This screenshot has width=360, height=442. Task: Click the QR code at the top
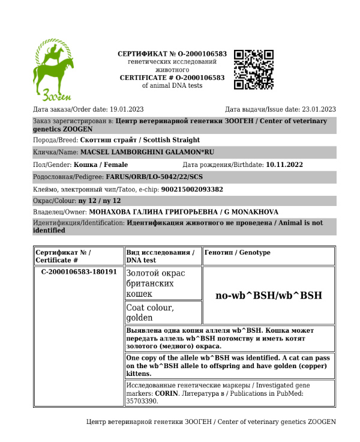click(x=254, y=70)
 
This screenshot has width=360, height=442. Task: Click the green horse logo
click(x=53, y=69)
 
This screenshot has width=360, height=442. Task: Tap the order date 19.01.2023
click(x=127, y=109)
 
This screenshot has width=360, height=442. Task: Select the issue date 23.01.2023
click(x=319, y=109)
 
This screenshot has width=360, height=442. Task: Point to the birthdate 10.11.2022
click(x=284, y=165)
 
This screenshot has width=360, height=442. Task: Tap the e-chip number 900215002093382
click(x=192, y=189)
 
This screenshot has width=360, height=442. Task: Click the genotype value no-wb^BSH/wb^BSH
click(x=268, y=295)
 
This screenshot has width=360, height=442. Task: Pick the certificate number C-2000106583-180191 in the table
click(x=79, y=271)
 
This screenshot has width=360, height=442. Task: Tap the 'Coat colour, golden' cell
click(x=150, y=312)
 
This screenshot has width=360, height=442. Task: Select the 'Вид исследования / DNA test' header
click(x=160, y=256)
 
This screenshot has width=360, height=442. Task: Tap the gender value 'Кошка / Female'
click(x=101, y=165)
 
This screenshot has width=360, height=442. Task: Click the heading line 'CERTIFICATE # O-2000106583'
click(x=172, y=77)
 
